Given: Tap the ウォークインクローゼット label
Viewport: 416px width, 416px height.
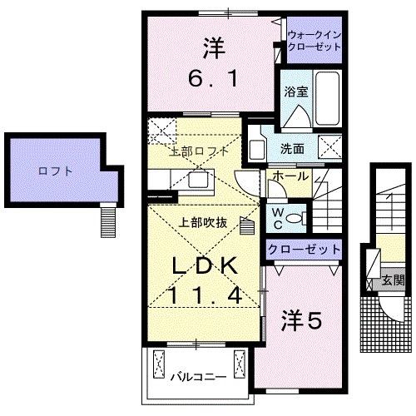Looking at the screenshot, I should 314,42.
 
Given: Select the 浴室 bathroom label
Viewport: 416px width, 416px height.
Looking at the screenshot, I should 295,92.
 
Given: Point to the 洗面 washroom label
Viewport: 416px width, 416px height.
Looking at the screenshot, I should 291,150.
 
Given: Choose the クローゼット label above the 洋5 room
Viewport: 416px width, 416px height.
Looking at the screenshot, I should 304,249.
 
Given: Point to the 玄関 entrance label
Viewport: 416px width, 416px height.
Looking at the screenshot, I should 392,282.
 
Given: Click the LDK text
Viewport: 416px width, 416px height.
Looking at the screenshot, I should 205,265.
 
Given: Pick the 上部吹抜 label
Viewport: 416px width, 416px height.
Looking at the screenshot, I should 200,222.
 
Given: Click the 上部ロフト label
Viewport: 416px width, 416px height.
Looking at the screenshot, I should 198,151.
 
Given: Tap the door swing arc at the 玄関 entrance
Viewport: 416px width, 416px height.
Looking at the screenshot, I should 389,312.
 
